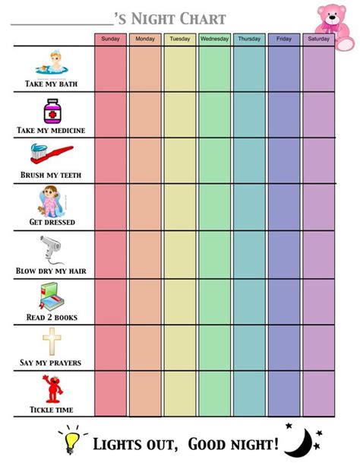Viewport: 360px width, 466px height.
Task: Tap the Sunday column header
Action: (x=110, y=39)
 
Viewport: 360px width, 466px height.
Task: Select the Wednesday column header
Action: (x=215, y=39)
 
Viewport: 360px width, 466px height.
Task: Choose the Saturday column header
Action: (x=319, y=39)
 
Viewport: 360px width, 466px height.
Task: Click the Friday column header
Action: (x=284, y=39)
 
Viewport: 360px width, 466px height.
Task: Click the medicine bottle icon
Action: (x=52, y=113)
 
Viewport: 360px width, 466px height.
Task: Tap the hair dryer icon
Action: (x=50, y=249)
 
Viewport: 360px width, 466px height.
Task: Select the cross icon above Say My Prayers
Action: (x=51, y=341)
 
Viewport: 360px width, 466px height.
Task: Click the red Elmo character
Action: (x=51, y=388)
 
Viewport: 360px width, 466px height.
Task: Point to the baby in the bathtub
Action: (x=52, y=65)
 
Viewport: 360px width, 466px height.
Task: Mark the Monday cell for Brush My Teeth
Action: (x=145, y=160)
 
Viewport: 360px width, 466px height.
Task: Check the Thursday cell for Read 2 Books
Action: (x=249, y=302)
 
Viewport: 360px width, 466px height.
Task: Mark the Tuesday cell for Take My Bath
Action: (x=180, y=68)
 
